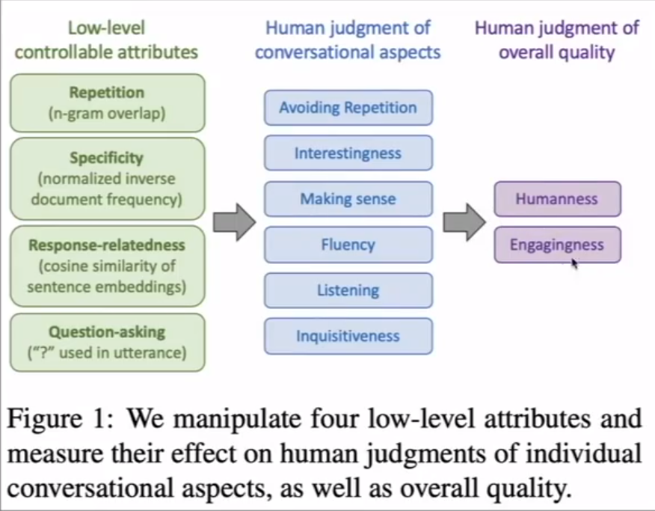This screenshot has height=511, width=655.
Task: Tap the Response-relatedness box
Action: click(107, 266)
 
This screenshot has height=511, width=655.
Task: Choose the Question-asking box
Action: click(107, 342)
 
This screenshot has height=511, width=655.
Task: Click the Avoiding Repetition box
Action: click(348, 108)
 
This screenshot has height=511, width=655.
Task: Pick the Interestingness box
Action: click(348, 153)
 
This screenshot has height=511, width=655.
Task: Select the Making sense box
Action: click(348, 199)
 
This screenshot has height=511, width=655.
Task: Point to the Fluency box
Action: click(348, 245)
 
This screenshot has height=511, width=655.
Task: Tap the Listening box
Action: click(348, 290)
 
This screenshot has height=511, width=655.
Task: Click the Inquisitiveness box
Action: click(348, 336)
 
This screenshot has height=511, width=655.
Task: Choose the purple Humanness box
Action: click(557, 199)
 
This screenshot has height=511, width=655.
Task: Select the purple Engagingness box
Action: click(557, 245)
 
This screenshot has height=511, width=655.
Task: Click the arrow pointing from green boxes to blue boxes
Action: click(234, 222)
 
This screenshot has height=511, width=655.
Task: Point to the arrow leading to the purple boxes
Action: click(464, 222)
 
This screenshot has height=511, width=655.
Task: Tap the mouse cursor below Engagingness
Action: click(574, 263)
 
